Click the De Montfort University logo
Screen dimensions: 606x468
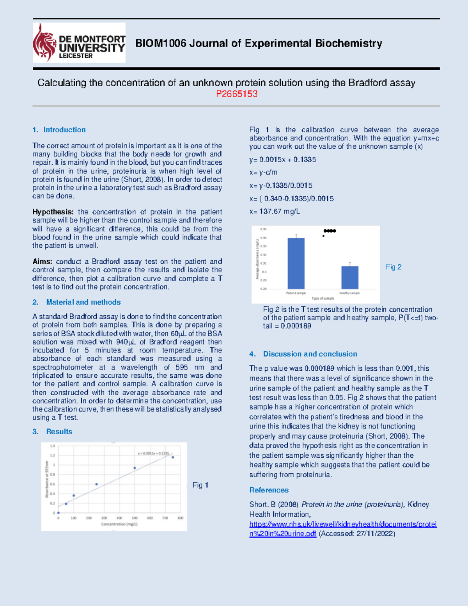[79, 43]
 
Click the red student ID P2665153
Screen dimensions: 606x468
[237, 94]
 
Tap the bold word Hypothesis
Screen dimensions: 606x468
[53, 212]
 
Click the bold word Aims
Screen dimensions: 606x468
[42, 261]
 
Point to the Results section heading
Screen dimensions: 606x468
[59, 432]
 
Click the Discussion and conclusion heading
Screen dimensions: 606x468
[310, 354]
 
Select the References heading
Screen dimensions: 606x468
[269, 490]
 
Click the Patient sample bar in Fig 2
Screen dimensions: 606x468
[296, 263]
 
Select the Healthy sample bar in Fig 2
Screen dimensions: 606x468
[350, 277]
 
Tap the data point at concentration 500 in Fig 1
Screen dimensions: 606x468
[135, 468]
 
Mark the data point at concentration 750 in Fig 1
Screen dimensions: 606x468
[173, 457]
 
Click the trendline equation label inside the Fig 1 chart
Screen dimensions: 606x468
[153, 453]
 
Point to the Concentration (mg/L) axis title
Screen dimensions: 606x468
[119, 524]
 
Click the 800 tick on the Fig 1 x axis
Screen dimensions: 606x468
[180, 518]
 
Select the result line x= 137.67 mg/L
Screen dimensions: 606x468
[275, 211]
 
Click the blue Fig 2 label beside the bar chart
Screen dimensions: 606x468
[394, 267]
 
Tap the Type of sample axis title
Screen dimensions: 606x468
[323, 299]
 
